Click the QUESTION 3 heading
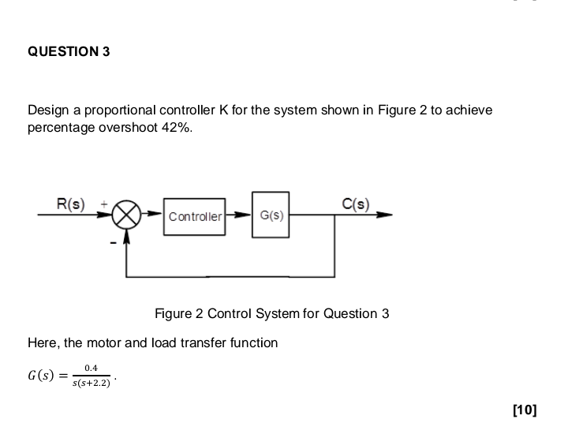pos(69,52)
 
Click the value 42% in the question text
pos(177,128)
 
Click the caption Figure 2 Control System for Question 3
pos(272,313)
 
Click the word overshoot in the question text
pos(130,128)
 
